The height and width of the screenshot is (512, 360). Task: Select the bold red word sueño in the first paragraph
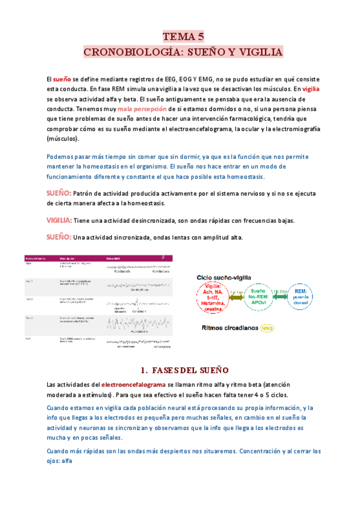[x=62, y=79]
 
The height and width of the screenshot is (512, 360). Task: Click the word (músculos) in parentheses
[x=62, y=138]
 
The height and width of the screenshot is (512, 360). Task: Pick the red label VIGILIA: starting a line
[x=59, y=220]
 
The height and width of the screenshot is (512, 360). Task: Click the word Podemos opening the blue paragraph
[x=62, y=156]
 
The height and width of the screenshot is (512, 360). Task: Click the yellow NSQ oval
[x=266, y=328]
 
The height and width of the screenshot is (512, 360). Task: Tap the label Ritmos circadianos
[x=228, y=328]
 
